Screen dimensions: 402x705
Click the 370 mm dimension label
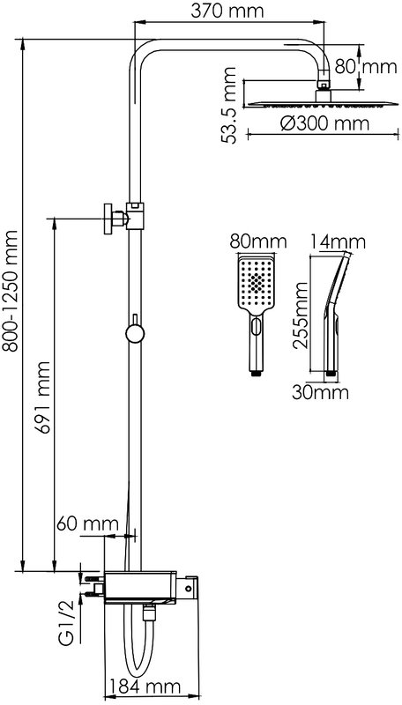tap(227, 11)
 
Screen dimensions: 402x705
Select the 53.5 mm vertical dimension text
tap(228, 105)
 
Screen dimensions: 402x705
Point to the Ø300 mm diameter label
tap(324, 123)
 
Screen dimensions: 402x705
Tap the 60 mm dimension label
tap(87, 523)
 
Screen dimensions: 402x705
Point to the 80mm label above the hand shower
tap(257, 241)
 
